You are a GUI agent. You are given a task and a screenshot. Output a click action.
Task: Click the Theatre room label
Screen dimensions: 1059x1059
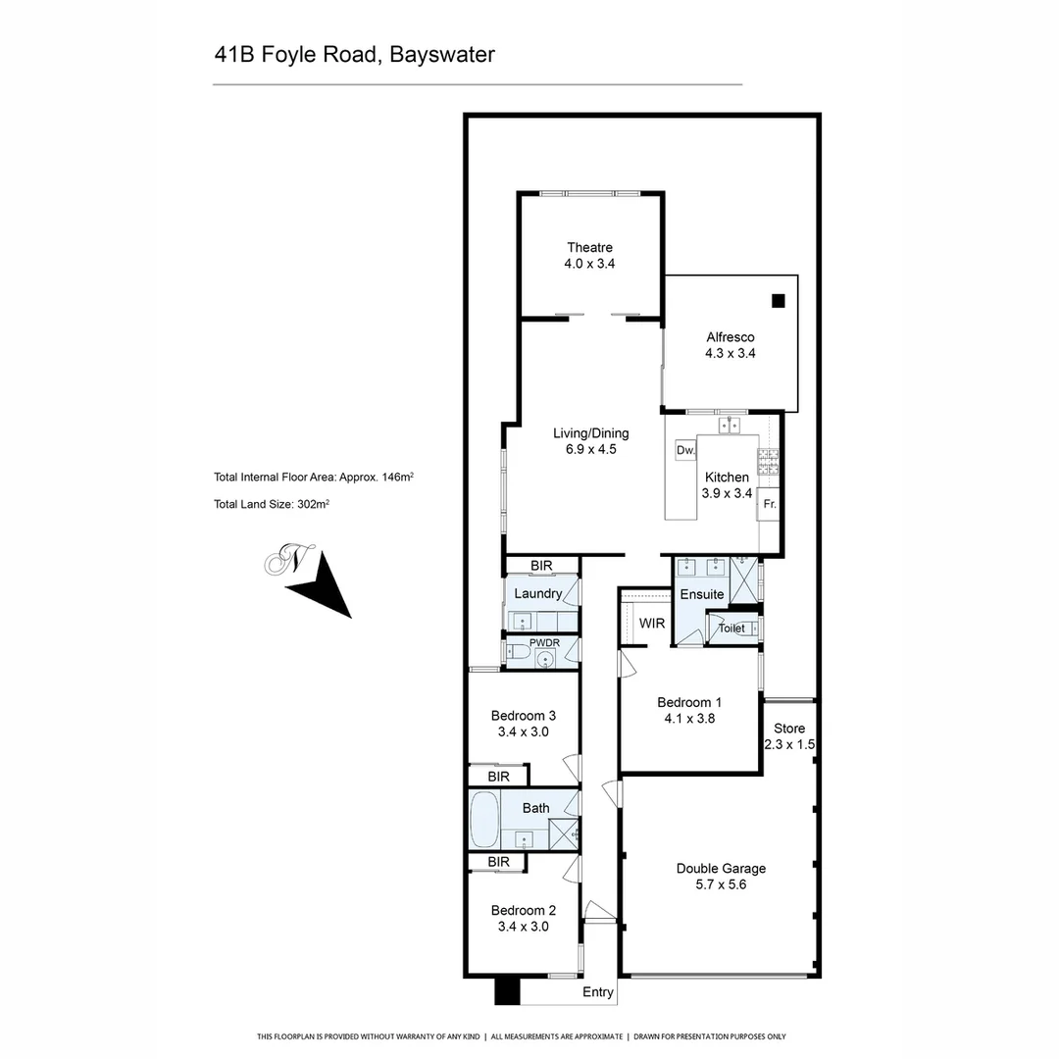tap(589, 248)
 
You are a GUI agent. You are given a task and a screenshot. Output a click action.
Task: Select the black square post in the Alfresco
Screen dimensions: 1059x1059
tap(779, 301)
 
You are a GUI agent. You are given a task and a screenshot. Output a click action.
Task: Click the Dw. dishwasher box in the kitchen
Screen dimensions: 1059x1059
tap(685, 450)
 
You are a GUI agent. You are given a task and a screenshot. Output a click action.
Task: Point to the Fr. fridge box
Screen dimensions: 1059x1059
tap(770, 504)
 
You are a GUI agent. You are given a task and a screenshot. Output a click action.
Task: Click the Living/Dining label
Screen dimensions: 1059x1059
tap(590, 433)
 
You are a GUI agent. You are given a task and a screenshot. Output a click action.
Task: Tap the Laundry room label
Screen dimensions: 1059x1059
tap(537, 594)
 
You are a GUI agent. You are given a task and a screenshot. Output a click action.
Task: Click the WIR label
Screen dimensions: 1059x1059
tap(652, 624)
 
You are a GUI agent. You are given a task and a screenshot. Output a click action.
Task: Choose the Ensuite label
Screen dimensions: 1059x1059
tap(702, 594)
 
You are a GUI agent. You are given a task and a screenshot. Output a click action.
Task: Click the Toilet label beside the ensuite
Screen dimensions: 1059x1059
tap(731, 629)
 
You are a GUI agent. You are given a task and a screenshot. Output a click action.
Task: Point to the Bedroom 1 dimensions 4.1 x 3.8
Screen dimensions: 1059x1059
tap(689, 719)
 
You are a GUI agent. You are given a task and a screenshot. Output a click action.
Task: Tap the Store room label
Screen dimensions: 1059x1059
tap(789, 729)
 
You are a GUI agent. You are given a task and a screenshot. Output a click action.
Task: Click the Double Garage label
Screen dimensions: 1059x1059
tap(721, 869)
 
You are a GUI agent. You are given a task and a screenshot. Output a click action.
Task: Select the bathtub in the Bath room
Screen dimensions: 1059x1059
tap(484, 821)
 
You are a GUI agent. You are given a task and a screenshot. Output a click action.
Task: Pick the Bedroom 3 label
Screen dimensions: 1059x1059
tap(524, 715)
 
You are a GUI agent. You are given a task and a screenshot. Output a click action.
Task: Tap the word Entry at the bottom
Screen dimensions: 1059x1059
tap(598, 992)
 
